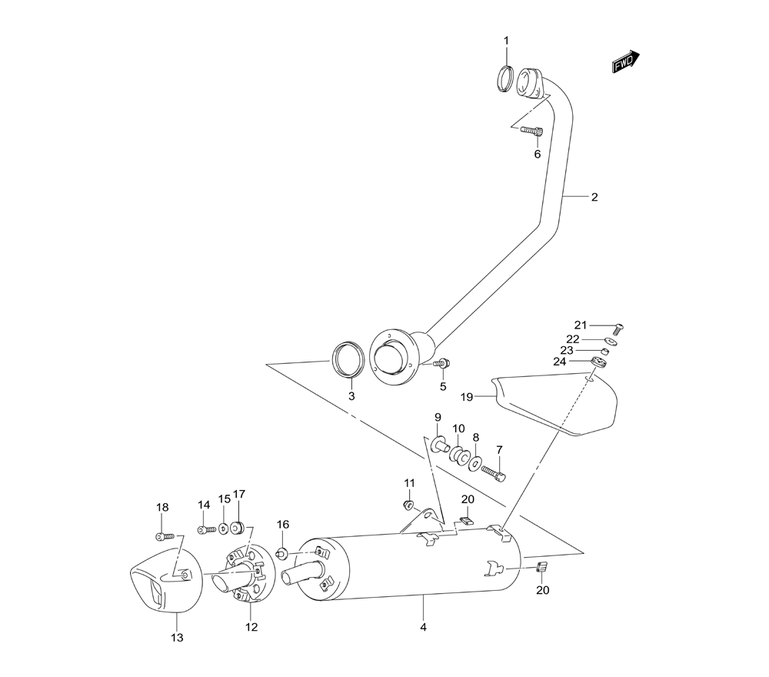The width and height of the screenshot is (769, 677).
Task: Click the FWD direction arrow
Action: [x=626, y=62]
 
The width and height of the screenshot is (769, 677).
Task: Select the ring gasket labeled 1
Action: [x=506, y=78]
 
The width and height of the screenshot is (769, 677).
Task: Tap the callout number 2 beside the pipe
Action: [x=594, y=197]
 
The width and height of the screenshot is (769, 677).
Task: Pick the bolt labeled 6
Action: [x=531, y=131]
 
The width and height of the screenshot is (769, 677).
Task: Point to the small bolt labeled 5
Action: [x=442, y=363]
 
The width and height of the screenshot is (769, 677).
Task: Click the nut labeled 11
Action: [x=408, y=505]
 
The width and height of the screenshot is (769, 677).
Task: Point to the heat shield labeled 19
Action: [x=558, y=405]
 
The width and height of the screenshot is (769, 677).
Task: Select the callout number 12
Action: [x=251, y=627]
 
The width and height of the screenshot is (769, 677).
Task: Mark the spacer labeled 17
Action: [x=237, y=528]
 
